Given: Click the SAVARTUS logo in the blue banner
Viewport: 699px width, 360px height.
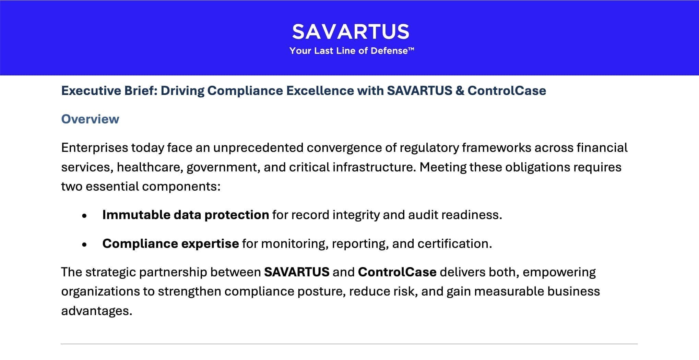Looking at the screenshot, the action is point(351,32).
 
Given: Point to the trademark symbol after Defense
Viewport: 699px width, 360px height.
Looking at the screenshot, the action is point(411,49).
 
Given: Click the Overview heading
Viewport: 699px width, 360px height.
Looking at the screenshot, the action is point(90,119).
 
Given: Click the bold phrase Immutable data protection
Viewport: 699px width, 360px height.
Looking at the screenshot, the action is point(186,215).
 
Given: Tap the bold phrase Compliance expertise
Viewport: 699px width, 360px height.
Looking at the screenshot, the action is point(170,243).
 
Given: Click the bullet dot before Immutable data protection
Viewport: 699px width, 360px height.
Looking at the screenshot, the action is point(84,216).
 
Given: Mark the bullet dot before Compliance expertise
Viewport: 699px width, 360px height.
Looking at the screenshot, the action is point(84,245).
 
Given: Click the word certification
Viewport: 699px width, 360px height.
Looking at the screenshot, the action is point(455,243).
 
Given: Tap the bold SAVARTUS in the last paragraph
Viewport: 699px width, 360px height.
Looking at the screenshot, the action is point(297,272).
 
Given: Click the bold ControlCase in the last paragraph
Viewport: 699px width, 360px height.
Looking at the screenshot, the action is point(397,272).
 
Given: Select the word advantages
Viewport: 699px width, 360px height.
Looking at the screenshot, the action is point(97,311).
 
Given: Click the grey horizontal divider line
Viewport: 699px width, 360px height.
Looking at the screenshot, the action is point(349,344).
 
